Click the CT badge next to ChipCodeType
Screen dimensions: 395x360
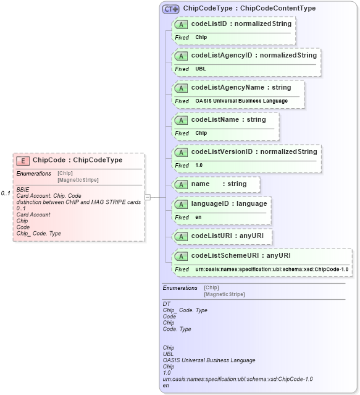point(171,9)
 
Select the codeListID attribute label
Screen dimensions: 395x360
point(241,23)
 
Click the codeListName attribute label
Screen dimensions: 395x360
point(228,120)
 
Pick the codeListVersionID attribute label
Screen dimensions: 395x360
point(254,151)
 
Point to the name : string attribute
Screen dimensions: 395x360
point(219,184)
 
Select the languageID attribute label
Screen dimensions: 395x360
point(229,203)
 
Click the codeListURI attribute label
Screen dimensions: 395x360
point(232,236)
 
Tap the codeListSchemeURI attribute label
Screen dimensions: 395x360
point(241,255)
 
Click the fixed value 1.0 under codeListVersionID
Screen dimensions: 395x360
point(199,166)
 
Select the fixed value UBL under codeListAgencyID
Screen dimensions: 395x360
point(201,69)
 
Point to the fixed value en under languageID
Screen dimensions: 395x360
point(198,218)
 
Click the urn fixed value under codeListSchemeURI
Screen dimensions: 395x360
point(272,270)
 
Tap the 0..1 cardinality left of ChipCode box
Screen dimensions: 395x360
point(6,193)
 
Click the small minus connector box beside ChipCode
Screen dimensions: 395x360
point(148,197)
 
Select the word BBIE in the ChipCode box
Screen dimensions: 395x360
point(22,189)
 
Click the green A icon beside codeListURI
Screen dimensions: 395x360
point(182,236)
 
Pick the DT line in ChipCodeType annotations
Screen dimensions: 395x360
point(166,304)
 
